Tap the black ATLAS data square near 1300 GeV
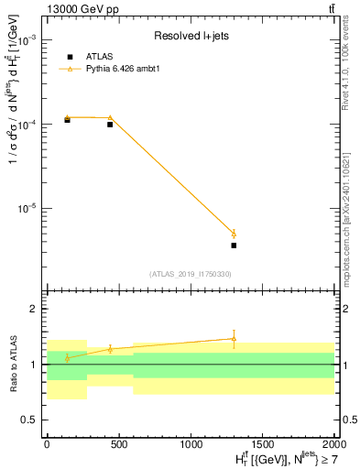(234, 245)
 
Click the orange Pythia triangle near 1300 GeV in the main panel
(234, 233)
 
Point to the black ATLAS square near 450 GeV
(110, 124)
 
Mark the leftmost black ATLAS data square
(67, 120)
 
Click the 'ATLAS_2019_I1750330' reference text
(191, 274)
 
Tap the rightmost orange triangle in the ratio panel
(234, 339)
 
